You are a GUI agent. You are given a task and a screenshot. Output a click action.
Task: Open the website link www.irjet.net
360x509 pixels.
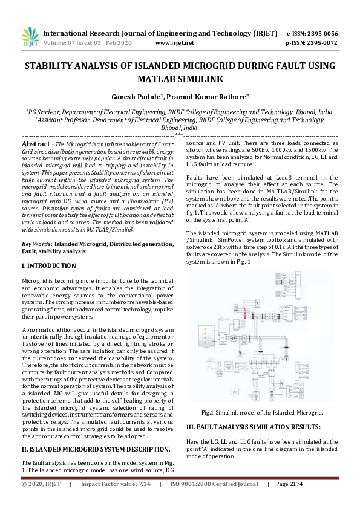[x=174, y=43]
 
